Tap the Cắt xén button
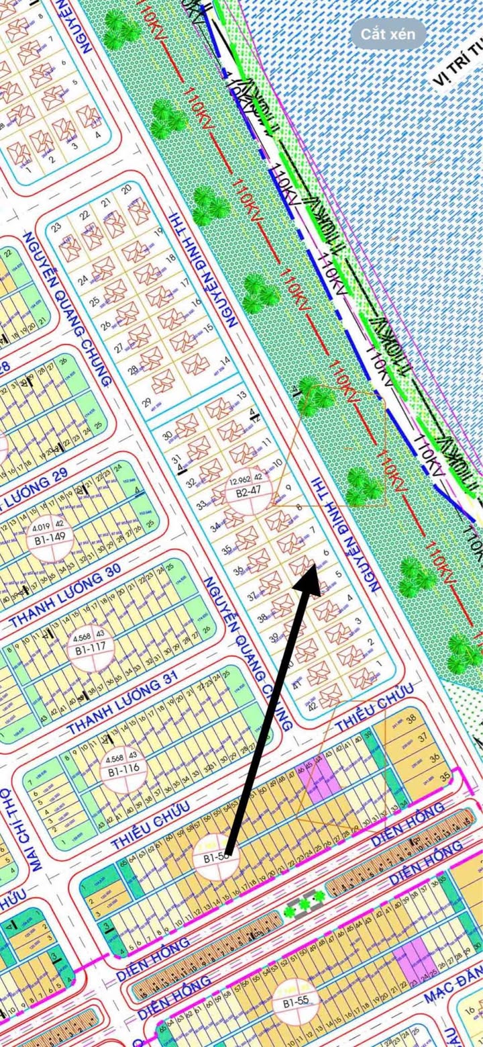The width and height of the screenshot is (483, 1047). click(x=388, y=34)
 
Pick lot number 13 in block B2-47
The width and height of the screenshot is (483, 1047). click(x=243, y=396)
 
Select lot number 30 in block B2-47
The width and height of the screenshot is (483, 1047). click(x=167, y=416)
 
